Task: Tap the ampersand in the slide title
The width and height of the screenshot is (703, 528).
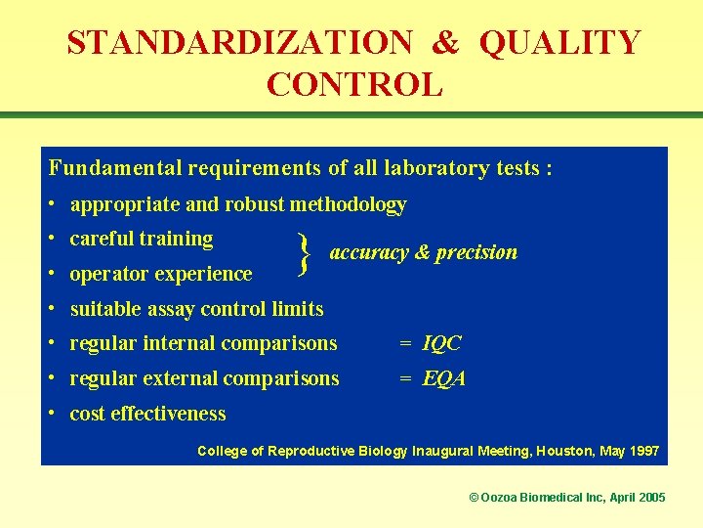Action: (445, 43)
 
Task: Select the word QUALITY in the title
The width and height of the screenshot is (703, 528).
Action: (560, 43)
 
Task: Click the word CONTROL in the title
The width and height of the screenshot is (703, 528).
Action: (354, 85)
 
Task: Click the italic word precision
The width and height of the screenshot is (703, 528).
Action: (476, 252)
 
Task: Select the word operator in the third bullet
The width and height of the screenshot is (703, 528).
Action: (104, 275)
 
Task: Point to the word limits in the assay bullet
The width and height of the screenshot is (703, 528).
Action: (299, 309)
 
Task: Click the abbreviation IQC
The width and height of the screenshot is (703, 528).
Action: (441, 343)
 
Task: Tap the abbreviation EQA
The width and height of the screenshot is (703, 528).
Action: (443, 378)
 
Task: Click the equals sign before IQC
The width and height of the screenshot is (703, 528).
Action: (405, 343)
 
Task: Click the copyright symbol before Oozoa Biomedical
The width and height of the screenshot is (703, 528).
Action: (475, 498)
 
